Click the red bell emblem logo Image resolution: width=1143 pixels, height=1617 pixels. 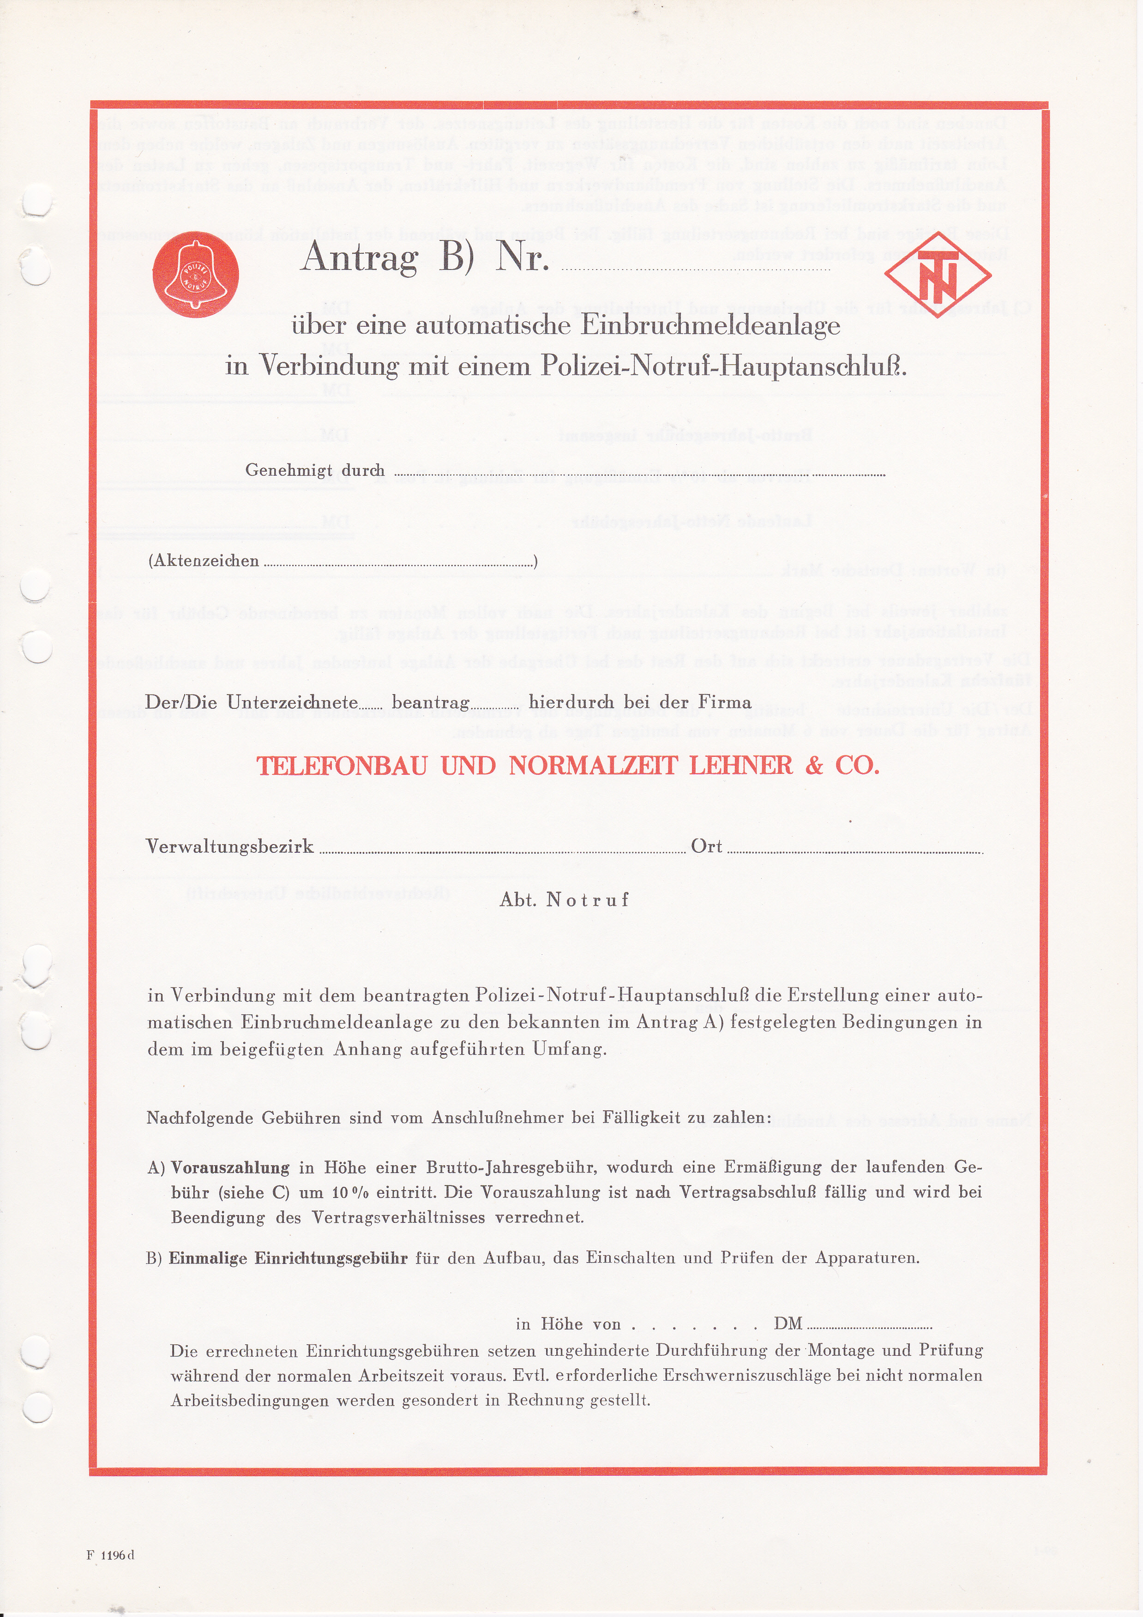click(x=195, y=274)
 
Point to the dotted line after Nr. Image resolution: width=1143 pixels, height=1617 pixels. click(x=695, y=268)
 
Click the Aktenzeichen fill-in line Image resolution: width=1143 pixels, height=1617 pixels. click(x=398, y=564)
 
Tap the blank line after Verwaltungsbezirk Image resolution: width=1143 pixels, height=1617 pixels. click(x=502, y=851)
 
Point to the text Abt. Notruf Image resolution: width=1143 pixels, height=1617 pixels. click(x=564, y=900)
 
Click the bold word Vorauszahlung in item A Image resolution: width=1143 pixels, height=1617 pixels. click(x=230, y=1168)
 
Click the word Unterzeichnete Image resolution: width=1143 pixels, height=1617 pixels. click(x=292, y=702)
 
